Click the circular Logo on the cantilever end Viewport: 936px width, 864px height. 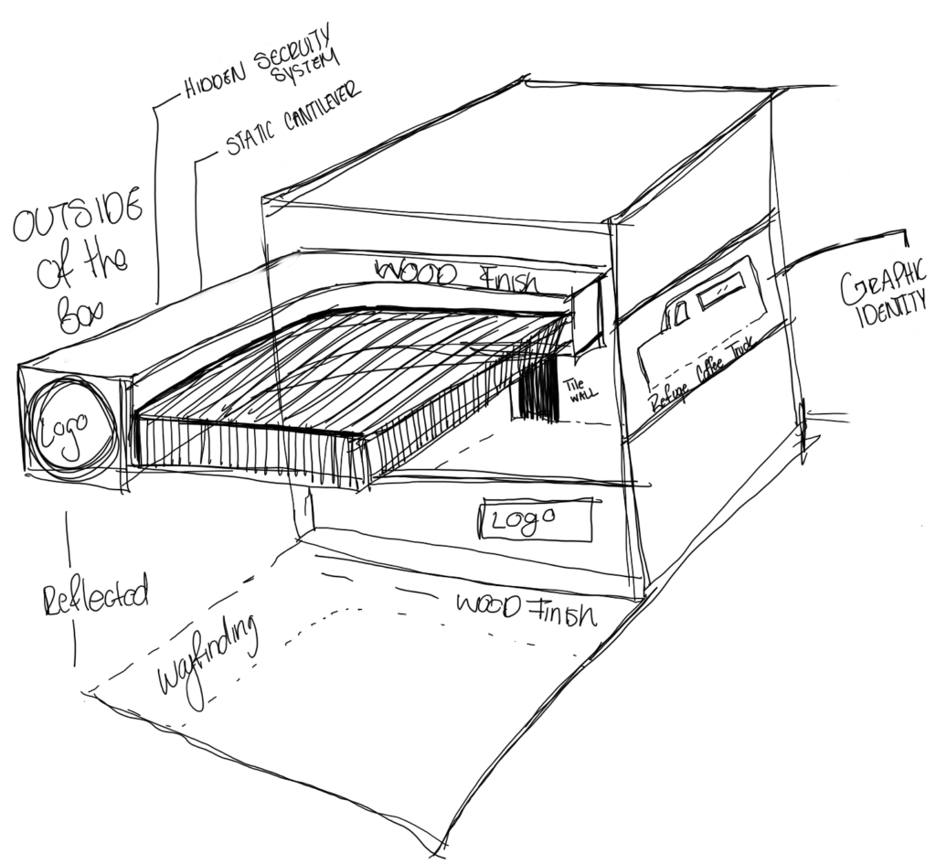click(70, 426)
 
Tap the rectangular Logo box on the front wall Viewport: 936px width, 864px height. click(536, 521)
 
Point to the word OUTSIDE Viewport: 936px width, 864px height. click(79, 216)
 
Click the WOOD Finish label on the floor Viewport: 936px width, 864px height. click(526, 608)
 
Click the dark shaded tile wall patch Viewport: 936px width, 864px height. click(539, 389)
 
